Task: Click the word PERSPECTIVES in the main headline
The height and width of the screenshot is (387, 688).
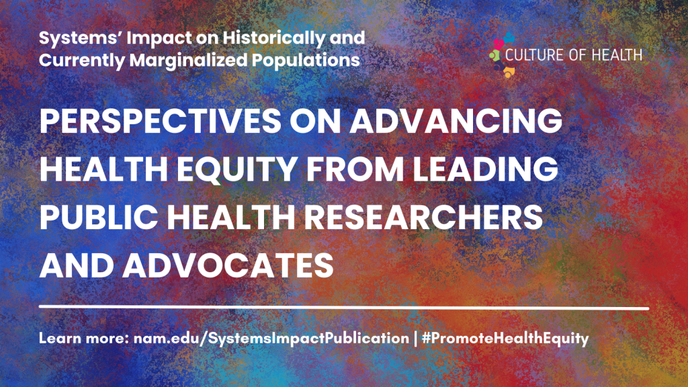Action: tap(161, 120)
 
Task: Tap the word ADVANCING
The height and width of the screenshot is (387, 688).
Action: tap(456, 120)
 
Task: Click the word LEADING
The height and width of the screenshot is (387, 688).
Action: tap(485, 169)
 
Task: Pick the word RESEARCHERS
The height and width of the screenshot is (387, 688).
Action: tap(423, 217)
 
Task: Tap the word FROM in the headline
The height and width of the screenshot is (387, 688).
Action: tap(355, 169)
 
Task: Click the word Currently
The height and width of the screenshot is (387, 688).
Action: tap(82, 60)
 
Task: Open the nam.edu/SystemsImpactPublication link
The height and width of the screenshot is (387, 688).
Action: tap(271, 339)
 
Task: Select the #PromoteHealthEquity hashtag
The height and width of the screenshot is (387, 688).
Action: tap(505, 339)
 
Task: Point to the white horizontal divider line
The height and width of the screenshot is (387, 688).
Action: tap(344, 308)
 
